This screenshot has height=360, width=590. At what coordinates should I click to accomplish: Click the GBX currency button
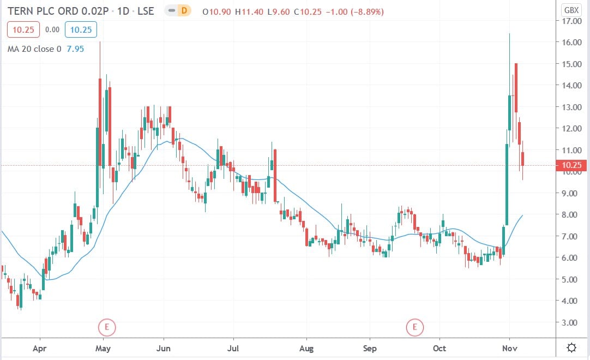pyautogui.click(x=571, y=10)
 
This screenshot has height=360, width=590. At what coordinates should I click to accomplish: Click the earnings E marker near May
pyautogui.click(x=107, y=328)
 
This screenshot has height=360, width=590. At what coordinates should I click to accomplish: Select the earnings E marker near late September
pyautogui.click(x=414, y=328)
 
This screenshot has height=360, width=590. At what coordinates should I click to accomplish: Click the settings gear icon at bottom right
pyautogui.click(x=571, y=347)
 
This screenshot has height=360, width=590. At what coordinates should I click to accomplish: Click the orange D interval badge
pyautogui.click(x=184, y=10)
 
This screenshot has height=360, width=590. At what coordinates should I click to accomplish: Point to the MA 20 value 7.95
pyautogui.click(x=76, y=49)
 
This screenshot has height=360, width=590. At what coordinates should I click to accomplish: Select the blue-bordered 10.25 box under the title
pyautogui.click(x=79, y=30)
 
